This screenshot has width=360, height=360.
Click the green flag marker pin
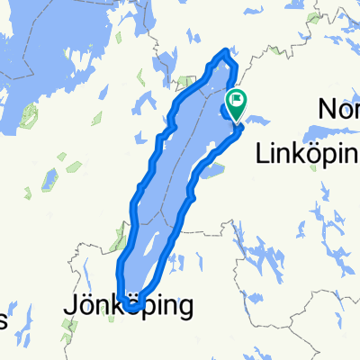237,103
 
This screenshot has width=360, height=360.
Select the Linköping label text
307,153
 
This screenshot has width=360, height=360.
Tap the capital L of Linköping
264,152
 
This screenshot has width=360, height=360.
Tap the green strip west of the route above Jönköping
117,241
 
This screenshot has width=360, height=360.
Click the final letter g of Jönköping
184,309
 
